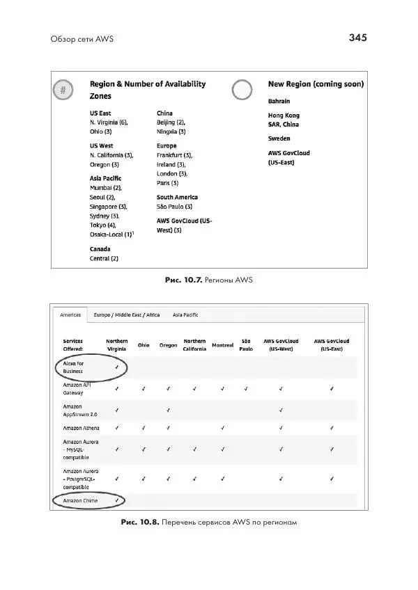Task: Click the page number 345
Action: click(357, 38)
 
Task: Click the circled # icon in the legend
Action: click(63, 90)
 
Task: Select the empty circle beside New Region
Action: click(242, 90)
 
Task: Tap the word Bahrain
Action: click(279, 101)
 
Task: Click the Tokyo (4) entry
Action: click(103, 225)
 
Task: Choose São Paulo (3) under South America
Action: click(174, 207)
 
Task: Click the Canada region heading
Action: click(100, 248)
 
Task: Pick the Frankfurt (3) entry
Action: click(174, 155)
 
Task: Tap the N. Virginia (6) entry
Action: click(109, 122)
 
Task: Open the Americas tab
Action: click(70, 314)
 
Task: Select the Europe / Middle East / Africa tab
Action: click(127, 314)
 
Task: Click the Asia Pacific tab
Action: click(185, 314)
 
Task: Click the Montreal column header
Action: click(223, 345)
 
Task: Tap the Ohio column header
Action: click(144, 345)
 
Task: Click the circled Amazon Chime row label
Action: click(80, 500)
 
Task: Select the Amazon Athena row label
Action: click(81, 427)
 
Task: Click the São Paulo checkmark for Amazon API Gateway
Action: click(246, 388)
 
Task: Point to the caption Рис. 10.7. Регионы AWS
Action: click(208, 280)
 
